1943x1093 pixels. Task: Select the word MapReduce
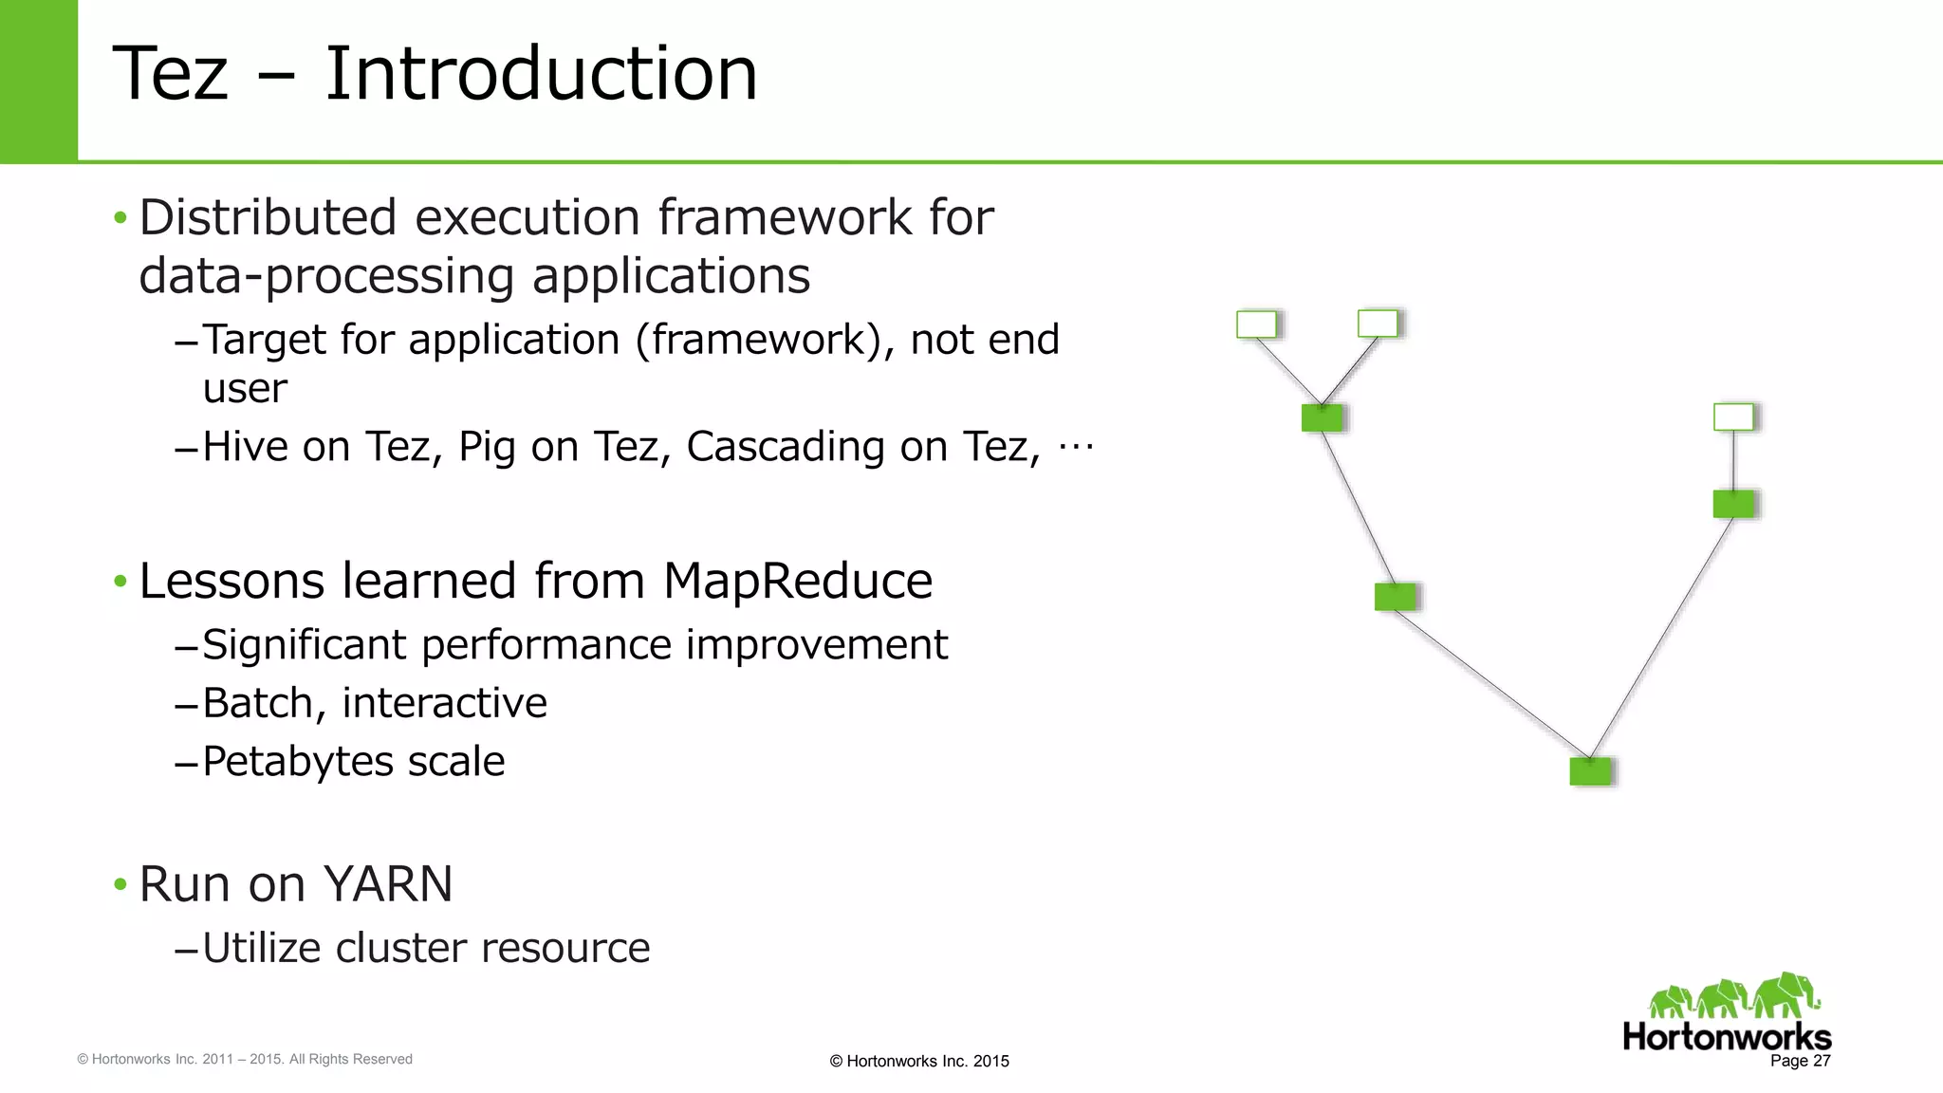(x=797, y=581)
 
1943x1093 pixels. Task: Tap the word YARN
(x=389, y=884)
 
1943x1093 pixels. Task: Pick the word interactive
(x=444, y=703)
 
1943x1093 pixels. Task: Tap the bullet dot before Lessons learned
(x=120, y=581)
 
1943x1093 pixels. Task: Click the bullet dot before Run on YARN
(x=120, y=884)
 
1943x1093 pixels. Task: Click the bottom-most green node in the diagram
(x=1590, y=770)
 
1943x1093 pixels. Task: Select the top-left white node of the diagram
(x=1256, y=324)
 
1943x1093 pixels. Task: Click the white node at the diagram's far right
(x=1733, y=417)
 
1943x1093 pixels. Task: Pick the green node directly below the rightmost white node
(x=1733, y=504)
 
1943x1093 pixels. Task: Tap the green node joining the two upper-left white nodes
(x=1322, y=417)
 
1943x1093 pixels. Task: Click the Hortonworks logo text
(x=1726, y=1036)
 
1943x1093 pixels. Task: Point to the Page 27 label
(x=1800, y=1061)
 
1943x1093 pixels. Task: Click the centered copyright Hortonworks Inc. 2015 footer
(x=918, y=1061)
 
